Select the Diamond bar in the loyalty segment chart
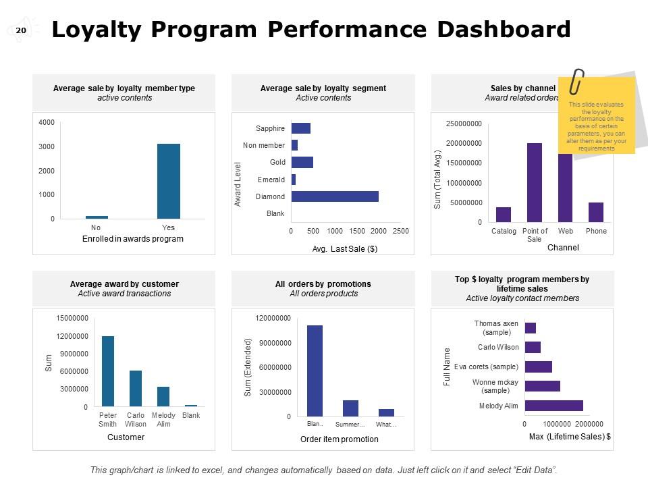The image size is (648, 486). click(x=335, y=196)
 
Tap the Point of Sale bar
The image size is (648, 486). click(x=535, y=182)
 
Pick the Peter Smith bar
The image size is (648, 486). click(x=108, y=371)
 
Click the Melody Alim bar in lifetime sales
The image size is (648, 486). click(x=553, y=406)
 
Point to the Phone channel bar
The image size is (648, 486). click(x=596, y=212)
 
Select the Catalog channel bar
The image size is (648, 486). click(x=504, y=215)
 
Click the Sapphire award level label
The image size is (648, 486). click(x=270, y=128)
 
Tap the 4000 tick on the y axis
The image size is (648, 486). click(x=47, y=122)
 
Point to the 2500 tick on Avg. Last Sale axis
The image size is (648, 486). click(x=400, y=231)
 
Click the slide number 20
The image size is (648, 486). click(x=20, y=30)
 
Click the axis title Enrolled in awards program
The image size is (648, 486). click(x=133, y=239)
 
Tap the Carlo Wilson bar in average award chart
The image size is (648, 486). click(x=136, y=388)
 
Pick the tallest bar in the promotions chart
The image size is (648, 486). click(x=315, y=371)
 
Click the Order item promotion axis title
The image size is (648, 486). click(x=340, y=439)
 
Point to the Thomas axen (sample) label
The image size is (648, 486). click(x=496, y=328)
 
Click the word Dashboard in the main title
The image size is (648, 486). click(x=504, y=30)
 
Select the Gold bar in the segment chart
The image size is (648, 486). click(x=302, y=162)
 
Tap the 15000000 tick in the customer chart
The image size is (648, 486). click(x=71, y=318)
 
